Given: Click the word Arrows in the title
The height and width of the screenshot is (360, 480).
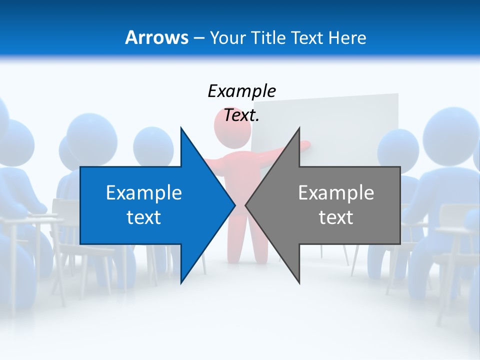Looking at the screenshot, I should coord(156,37).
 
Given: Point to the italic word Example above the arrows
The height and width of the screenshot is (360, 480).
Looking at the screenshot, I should coord(241,91).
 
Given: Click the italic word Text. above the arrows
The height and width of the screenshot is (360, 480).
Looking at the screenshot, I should coord(241,115).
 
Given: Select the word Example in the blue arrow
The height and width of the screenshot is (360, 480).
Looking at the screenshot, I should coord(144,192).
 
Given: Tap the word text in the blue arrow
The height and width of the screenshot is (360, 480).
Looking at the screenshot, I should coord(144,217).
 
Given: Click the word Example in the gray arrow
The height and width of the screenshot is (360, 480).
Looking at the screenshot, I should coord(336,192).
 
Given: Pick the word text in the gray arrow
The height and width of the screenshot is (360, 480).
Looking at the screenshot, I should coord(336,217).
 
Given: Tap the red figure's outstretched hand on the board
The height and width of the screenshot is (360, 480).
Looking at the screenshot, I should coord(305,145).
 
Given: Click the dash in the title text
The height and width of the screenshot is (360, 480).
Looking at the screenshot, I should coord(198,38).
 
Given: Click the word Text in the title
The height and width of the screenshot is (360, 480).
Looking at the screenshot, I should coord(304,37).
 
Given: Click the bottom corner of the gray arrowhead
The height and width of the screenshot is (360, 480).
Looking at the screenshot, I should coord(299,282).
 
